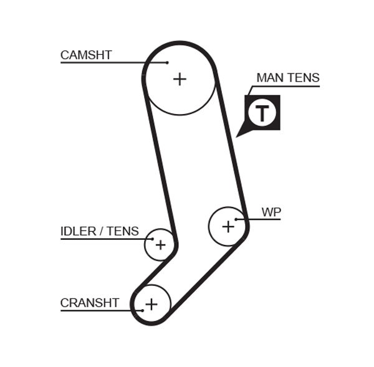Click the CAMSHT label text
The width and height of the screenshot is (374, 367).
click(x=86, y=55)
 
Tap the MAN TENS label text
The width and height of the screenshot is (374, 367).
click(x=288, y=79)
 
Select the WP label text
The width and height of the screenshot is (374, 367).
click(x=271, y=212)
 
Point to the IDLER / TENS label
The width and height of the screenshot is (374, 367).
click(x=100, y=232)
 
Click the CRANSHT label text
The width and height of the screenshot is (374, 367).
click(x=90, y=303)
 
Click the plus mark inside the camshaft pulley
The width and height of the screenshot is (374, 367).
click(x=180, y=79)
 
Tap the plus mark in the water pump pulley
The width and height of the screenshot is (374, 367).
click(x=228, y=226)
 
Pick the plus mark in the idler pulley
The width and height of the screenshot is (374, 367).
click(x=160, y=245)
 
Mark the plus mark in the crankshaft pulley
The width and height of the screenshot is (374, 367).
click(x=151, y=304)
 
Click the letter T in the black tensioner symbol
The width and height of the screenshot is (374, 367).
click(x=262, y=113)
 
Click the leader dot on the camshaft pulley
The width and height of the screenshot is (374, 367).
click(x=168, y=62)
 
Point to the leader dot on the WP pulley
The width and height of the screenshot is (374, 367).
click(x=236, y=219)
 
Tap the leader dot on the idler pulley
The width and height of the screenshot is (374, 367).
click(x=152, y=239)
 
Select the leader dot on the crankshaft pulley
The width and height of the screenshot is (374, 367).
click(x=143, y=310)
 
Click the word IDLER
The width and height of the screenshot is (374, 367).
click(x=79, y=232)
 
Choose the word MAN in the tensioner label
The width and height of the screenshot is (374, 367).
click(x=269, y=79)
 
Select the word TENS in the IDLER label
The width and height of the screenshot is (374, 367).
click(x=123, y=232)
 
